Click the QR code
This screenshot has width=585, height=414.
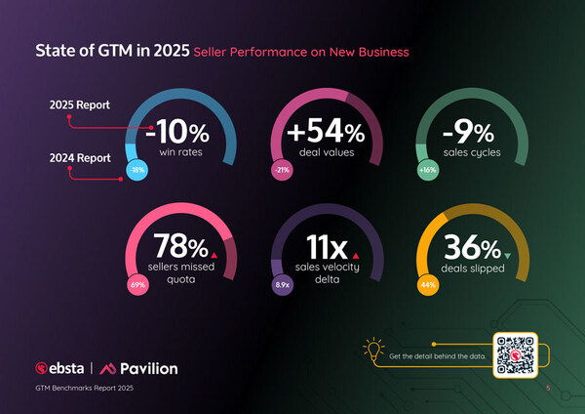pos(515,354)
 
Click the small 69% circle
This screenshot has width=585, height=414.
pos(138,285)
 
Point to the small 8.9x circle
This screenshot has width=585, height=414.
pos(282,285)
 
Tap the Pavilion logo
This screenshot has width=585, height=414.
pos(143,369)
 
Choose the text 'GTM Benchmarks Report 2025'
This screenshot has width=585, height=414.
pos(84,390)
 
